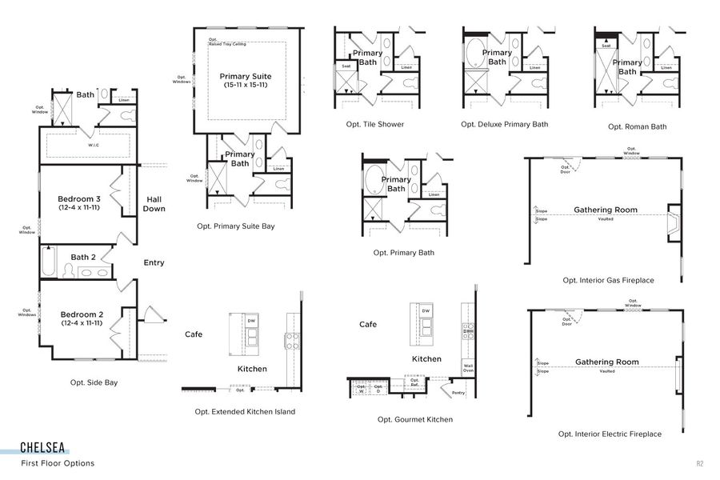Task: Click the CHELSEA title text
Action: pos(43,448)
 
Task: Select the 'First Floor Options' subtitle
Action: pos(58,463)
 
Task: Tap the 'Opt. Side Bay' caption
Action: pos(94,382)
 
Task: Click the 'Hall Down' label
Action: pos(154,203)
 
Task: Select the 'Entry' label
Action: pos(154,262)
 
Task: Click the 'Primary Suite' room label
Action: pos(246,77)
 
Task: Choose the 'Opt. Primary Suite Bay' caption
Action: pos(236,226)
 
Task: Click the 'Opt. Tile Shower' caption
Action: pos(375,124)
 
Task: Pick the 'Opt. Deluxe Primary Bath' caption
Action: pos(505,124)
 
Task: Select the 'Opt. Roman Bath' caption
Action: pos(637,126)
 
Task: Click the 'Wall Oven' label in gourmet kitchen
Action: pos(468,368)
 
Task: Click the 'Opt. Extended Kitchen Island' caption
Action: pos(245,411)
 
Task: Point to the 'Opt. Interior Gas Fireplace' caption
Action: pos(608,280)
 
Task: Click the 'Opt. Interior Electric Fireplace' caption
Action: pos(610,434)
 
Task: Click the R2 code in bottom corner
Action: pos(699,463)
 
